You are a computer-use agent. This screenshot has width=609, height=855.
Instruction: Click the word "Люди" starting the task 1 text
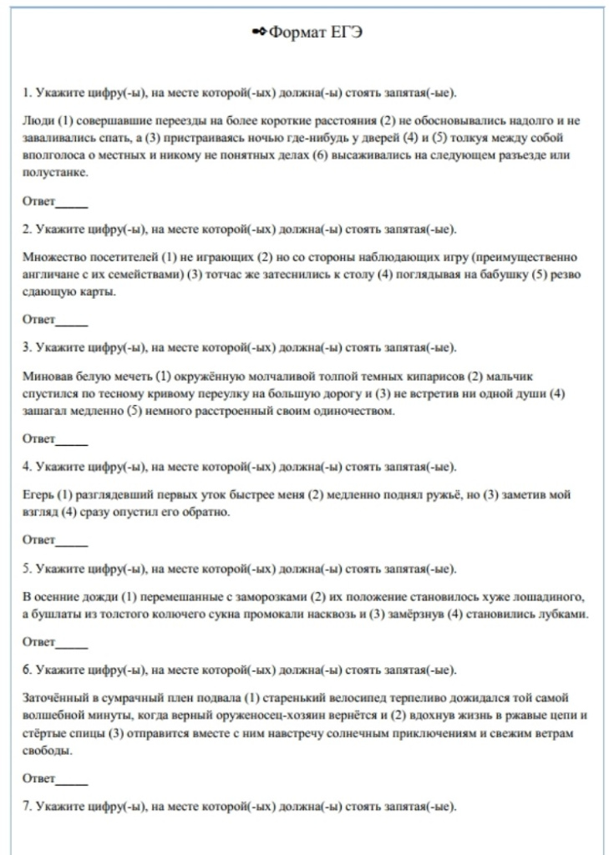coord(37,120)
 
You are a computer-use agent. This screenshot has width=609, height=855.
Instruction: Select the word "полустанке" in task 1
coord(51,173)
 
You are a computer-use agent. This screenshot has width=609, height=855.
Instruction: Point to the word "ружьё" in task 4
coord(409,495)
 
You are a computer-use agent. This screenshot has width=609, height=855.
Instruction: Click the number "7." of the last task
coord(28,807)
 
